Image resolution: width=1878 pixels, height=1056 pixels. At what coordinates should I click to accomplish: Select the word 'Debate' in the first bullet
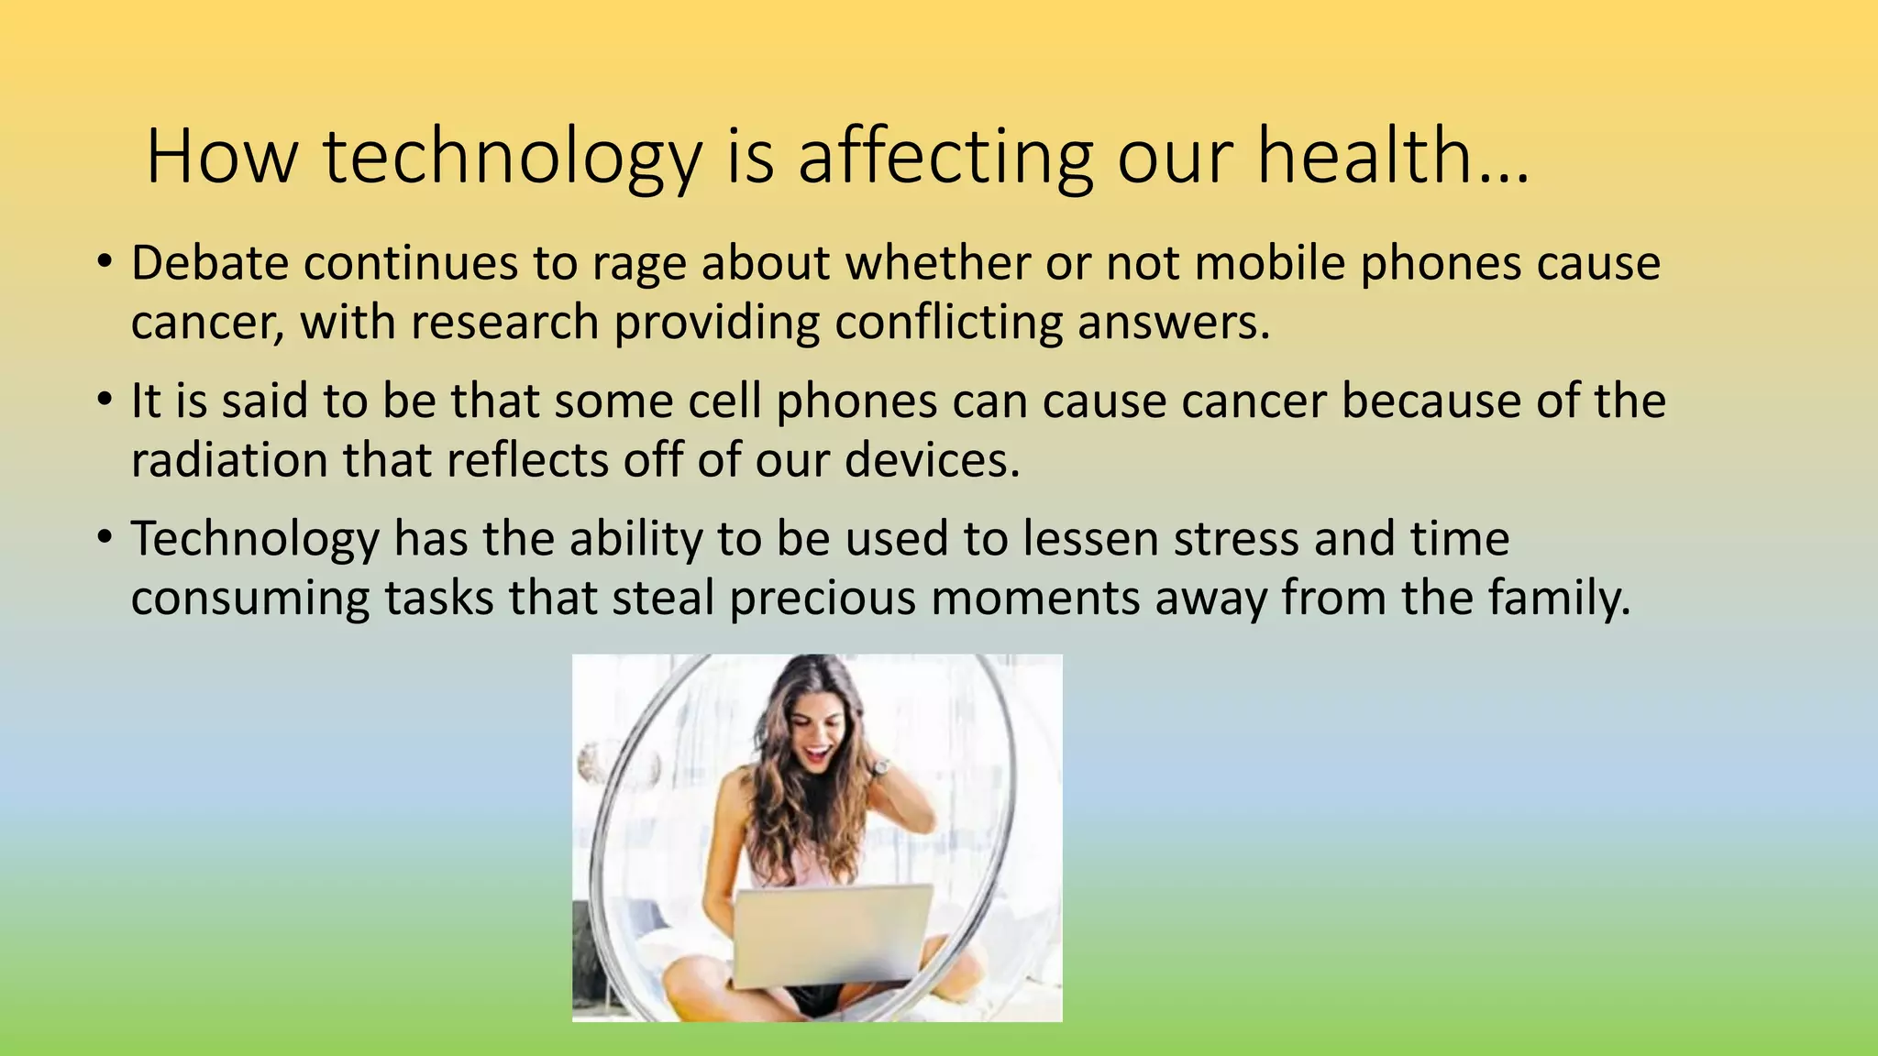pos(210,263)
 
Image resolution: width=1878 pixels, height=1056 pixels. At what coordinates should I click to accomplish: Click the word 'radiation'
pos(229,460)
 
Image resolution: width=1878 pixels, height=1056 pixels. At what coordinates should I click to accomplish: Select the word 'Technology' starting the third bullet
pos(255,539)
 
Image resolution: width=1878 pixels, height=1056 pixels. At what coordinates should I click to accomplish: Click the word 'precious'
pos(823,598)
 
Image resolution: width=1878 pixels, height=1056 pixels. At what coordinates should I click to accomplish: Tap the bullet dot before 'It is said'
pos(105,401)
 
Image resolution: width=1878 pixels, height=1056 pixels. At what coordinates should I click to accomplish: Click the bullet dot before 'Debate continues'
pos(105,263)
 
